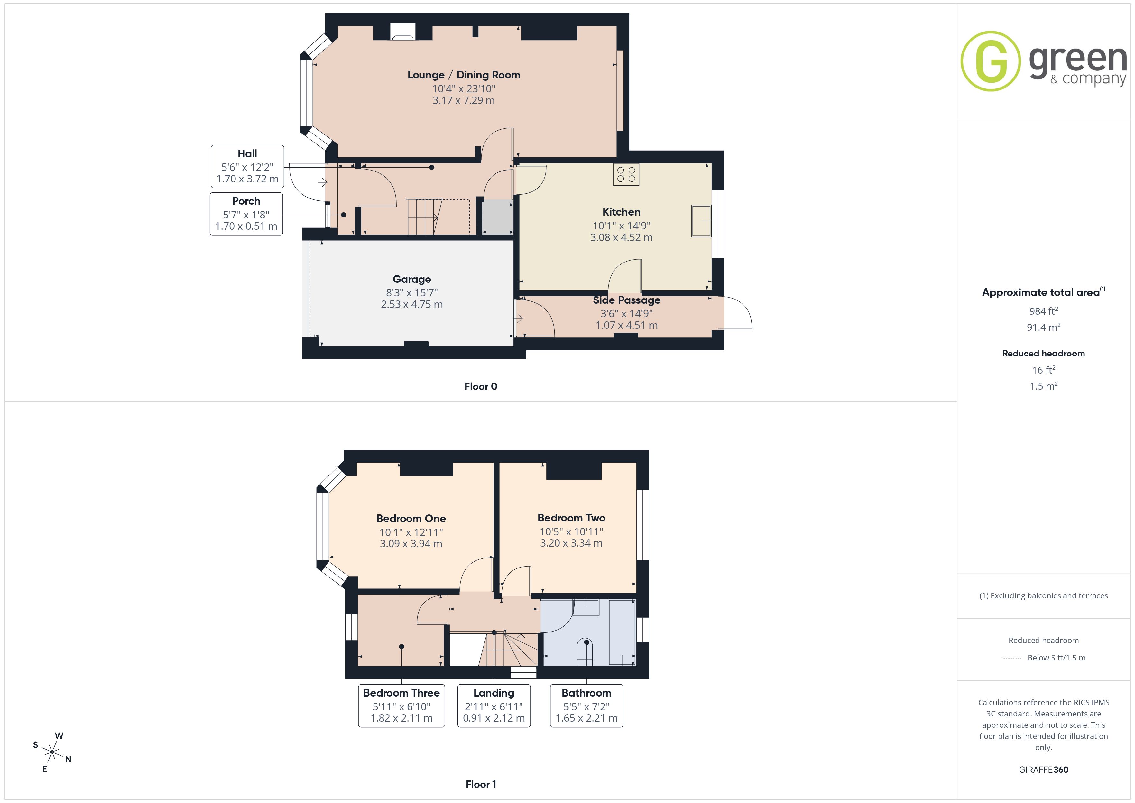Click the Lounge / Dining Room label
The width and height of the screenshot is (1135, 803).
[464, 75]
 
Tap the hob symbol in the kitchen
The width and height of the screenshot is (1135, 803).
[626, 175]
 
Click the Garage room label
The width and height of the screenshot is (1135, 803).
[412, 279]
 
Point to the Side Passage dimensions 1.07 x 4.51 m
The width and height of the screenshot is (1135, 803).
[626, 325]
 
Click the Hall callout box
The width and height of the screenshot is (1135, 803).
[247, 167]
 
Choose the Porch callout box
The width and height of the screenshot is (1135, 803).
[246, 214]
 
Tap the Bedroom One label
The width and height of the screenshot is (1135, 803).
[411, 518]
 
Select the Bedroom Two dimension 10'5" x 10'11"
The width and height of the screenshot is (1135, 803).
[571, 531]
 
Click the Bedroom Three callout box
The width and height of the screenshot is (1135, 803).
[401, 706]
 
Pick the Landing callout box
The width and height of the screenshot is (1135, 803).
[494, 706]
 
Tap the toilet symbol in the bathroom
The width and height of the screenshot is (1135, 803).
[586, 652]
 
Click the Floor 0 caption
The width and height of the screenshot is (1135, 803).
[481, 387]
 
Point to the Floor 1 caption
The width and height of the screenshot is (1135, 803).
[481, 784]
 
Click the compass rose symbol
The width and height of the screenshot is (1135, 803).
[51, 752]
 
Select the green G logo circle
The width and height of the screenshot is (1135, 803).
[990, 61]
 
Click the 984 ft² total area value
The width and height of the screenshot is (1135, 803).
[1044, 311]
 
